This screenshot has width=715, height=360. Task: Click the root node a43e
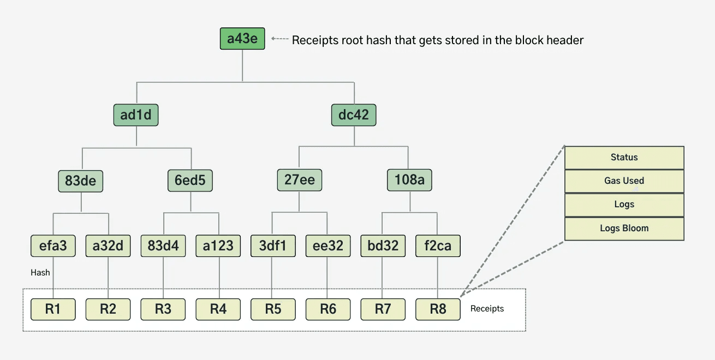pos(242,39)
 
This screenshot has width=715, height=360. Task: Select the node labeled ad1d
pos(136,115)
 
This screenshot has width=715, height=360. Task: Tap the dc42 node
pos(354,115)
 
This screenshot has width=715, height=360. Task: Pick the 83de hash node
pos(81,180)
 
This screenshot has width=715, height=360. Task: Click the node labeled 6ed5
pos(190,180)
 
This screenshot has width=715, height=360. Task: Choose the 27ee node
pos(300,180)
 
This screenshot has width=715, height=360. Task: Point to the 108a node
pos(409,180)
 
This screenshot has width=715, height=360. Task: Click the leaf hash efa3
pos(53,246)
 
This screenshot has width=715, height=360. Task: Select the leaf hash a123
pos(218,246)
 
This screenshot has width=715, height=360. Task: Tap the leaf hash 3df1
pos(273,246)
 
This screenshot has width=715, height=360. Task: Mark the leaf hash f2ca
pos(438,246)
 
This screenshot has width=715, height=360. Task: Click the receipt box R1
pos(53,309)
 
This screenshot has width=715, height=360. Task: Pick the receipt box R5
pos(273,309)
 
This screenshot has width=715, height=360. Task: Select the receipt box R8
pos(438,309)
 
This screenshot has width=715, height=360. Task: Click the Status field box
pos(624,157)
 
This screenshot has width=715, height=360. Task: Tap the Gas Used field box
pos(624,181)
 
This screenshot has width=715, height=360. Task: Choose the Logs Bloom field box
pos(624,229)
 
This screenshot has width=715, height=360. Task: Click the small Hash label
pos(40,273)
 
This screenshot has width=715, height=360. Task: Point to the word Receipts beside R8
pos(487,309)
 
